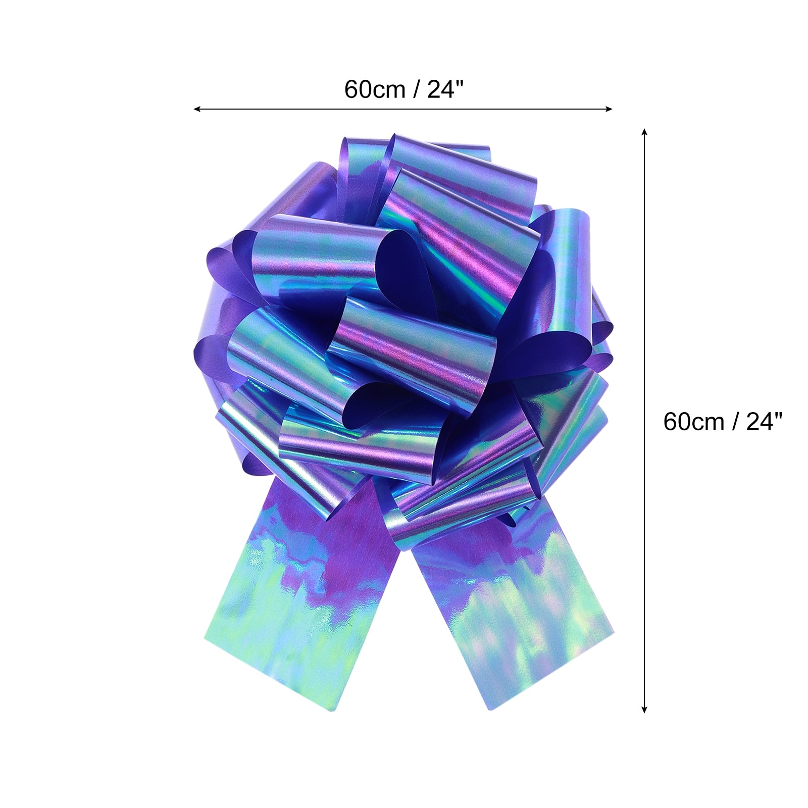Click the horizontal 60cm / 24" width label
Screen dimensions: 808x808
403,90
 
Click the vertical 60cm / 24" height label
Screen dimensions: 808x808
723,421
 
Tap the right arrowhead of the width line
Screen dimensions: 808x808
609,109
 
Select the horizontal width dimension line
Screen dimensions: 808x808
403,109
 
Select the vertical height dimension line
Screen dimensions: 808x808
644,421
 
